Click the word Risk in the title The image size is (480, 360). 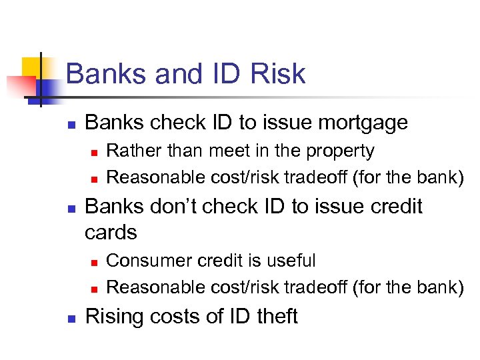pyautogui.click(x=279, y=73)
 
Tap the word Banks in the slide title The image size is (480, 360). pyautogui.click(x=107, y=73)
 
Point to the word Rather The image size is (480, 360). pyautogui.click(x=128, y=151)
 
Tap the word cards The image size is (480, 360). pyautogui.click(x=111, y=232)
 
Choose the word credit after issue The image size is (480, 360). pyautogui.click(x=393, y=206)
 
